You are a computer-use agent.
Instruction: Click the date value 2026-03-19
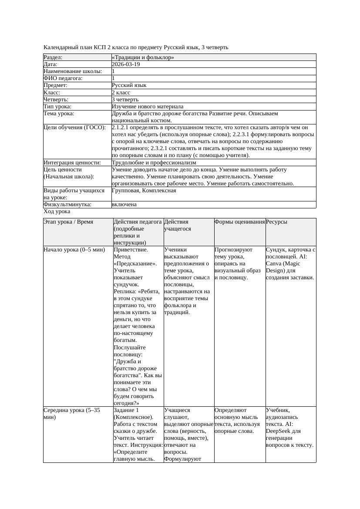pyautogui.click(x=126, y=64)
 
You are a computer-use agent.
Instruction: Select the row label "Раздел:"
pyautogui.click(x=53, y=57)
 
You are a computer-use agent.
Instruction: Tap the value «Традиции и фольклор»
pyautogui.click(x=143, y=57)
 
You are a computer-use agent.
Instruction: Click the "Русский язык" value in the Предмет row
pyautogui.click(x=129, y=85)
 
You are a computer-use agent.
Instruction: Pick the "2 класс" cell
pyautogui.click(x=121, y=93)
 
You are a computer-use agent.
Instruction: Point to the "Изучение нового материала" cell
pyautogui.click(x=148, y=107)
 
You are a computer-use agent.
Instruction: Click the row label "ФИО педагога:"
pyautogui.click(x=63, y=78)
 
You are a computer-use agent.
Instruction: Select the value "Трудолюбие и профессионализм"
pyautogui.click(x=154, y=163)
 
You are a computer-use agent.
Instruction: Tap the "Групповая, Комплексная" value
pyautogui.click(x=144, y=191)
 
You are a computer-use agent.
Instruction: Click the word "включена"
pyautogui.click(x=124, y=204)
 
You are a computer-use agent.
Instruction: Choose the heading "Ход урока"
pyautogui.click(x=57, y=211)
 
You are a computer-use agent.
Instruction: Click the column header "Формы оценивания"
pyautogui.click(x=239, y=222)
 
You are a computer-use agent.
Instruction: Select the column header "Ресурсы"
pyautogui.click(x=276, y=222)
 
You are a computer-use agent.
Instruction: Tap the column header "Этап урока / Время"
pyautogui.click(x=68, y=222)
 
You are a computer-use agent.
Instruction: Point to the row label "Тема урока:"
pyautogui.click(x=59, y=114)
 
